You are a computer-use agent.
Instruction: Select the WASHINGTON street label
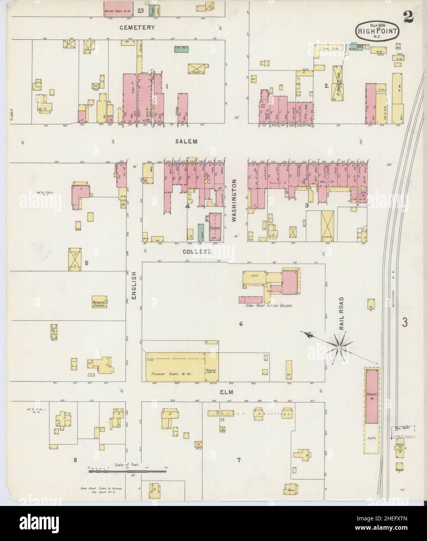[x=235, y=200]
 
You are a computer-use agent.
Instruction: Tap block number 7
[x=238, y=460]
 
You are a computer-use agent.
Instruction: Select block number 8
[x=76, y=460]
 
